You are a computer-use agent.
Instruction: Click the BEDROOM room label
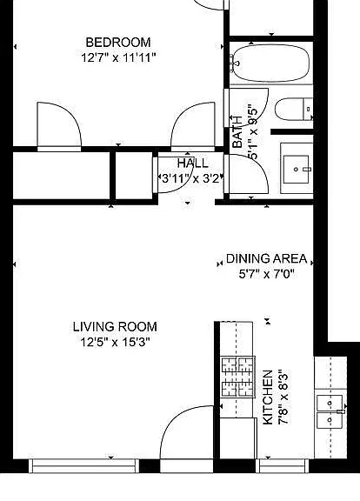118,43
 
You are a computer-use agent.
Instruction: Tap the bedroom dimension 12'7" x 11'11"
118,58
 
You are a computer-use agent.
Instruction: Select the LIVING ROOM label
115,327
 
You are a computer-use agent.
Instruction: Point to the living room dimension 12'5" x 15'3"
115,343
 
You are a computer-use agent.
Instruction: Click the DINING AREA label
266,258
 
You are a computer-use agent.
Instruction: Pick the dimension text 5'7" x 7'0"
266,274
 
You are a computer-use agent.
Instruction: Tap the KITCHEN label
268,397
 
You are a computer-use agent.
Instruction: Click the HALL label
193,164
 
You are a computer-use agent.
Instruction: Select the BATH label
237,131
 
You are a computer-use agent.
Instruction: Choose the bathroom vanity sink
297,169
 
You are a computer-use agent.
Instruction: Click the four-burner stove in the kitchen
238,377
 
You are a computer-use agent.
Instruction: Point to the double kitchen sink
330,412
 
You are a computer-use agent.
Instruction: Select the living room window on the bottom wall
84,466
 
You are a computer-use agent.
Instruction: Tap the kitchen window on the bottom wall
283,466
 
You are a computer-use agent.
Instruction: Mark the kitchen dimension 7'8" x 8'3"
283,397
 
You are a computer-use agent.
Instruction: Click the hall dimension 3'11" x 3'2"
191,178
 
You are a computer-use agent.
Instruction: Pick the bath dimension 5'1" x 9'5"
253,132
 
